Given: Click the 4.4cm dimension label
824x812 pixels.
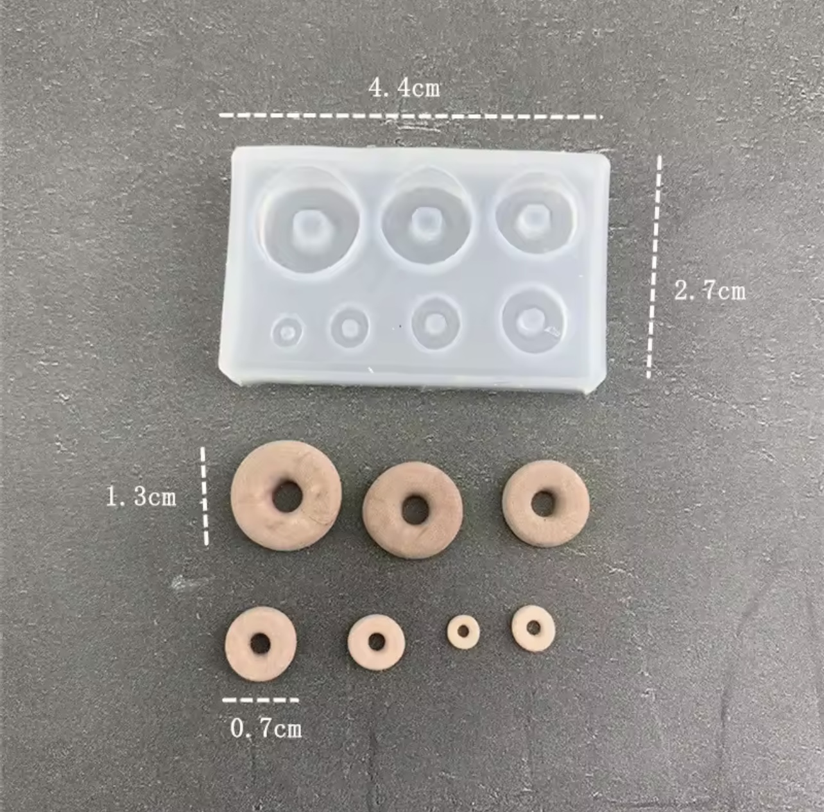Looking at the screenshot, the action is (404, 89).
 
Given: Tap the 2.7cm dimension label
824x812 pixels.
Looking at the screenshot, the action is (710, 291).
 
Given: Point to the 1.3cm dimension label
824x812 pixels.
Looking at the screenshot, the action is (141, 497).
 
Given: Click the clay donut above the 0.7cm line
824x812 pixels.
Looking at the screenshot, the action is (239, 644).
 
